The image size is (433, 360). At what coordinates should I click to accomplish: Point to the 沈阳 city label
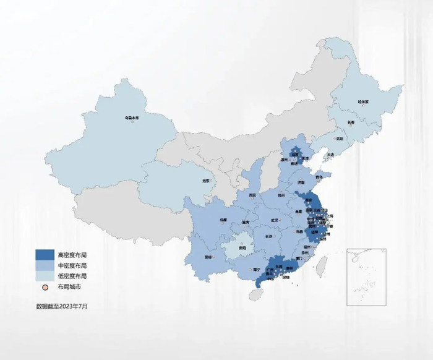pos(339,139)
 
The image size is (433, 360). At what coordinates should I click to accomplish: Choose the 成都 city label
pos(223,220)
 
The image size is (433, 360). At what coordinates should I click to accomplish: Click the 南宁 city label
pos(256,270)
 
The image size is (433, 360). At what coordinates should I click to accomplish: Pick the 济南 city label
pos(301,183)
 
